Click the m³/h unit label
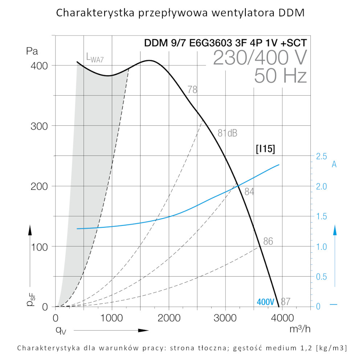[301, 329]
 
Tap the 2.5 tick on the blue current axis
[322, 156]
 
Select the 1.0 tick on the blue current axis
[322, 247]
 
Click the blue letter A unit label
[334, 165]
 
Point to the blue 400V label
[265, 302]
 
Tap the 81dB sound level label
[227, 133]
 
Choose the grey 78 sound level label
[192, 90]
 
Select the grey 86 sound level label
[268, 241]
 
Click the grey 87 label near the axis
[286, 301]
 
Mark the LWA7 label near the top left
[95, 58]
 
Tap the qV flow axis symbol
[60, 330]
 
